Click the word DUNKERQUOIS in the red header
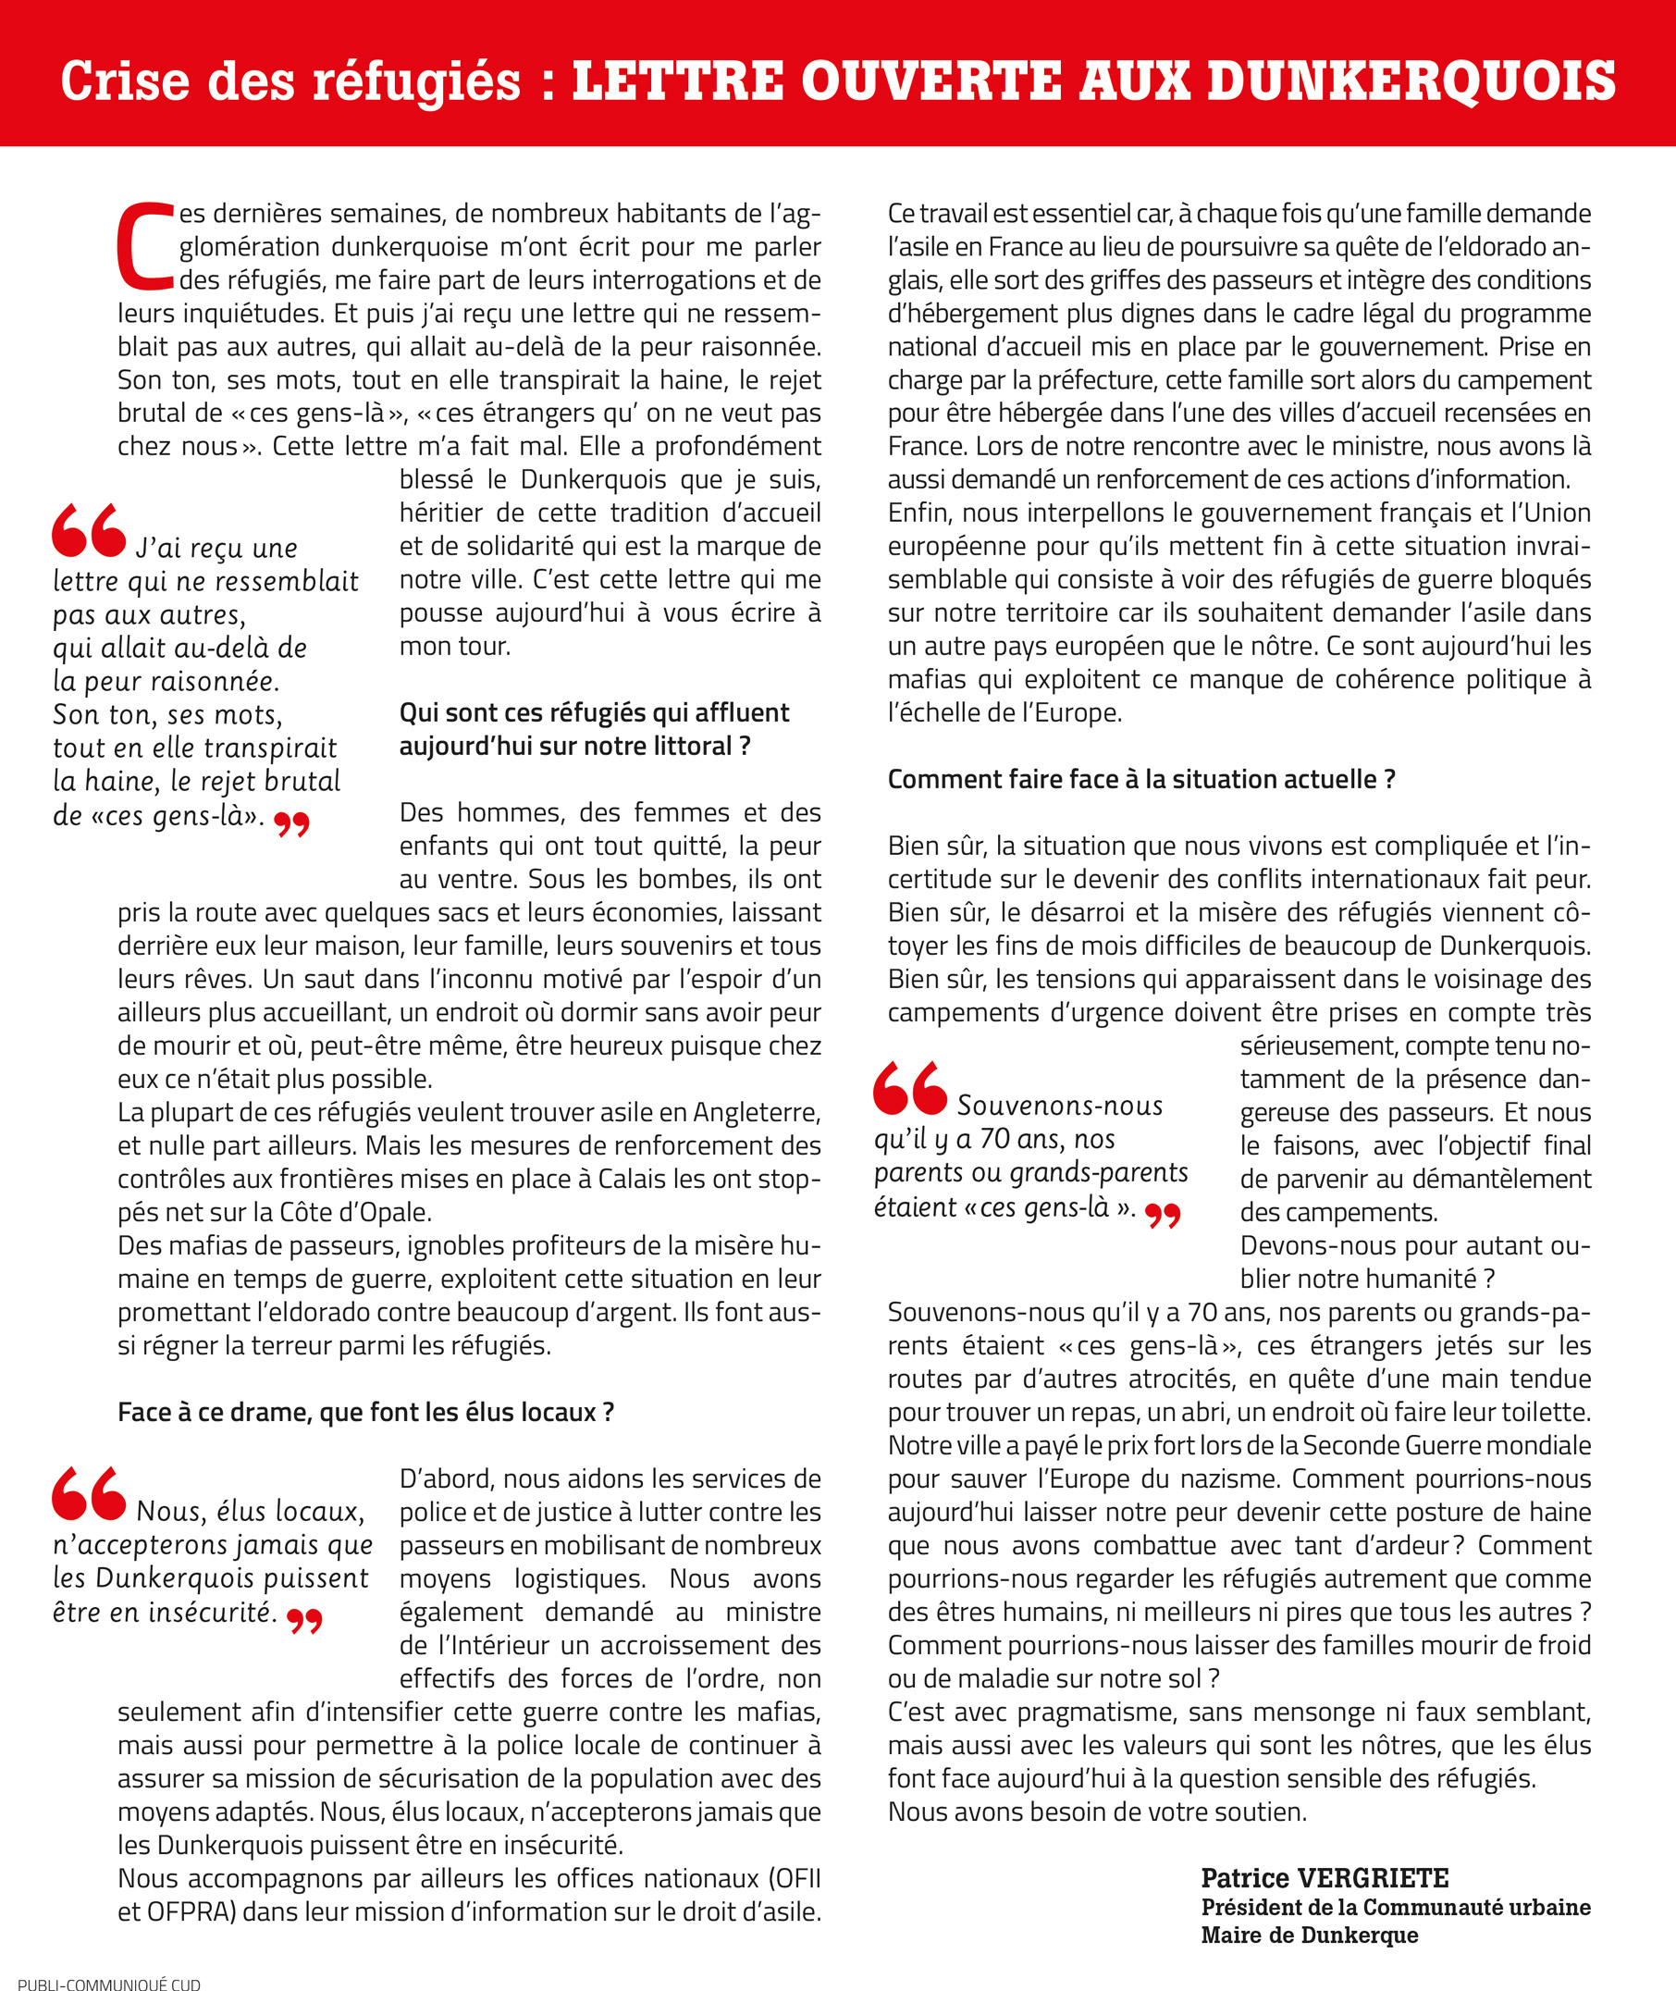(x=1411, y=80)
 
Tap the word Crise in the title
(x=126, y=80)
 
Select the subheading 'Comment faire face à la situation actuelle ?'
(x=1141, y=779)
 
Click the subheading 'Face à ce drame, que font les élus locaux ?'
(x=365, y=1412)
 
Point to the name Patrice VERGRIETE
(x=1325, y=1879)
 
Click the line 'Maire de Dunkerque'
(x=1309, y=1935)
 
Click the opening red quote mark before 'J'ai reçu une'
(x=89, y=530)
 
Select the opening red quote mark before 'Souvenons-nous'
(x=909, y=1087)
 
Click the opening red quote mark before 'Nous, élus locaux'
(x=89, y=1493)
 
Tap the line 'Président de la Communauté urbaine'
(x=1395, y=1908)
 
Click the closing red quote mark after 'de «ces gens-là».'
(x=291, y=824)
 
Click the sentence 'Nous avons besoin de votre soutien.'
(x=1096, y=1812)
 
